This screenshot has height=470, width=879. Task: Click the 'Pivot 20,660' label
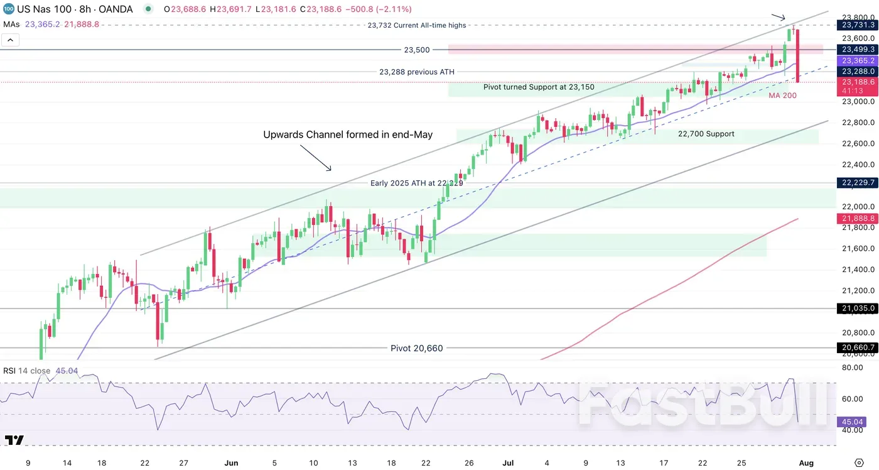click(x=416, y=348)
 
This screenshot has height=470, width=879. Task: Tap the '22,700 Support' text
click(x=706, y=134)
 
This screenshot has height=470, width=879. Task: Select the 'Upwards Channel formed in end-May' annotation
click(x=348, y=134)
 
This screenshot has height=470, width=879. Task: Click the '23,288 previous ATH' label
click(x=416, y=72)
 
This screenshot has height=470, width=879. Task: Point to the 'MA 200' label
click(x=783, y=96)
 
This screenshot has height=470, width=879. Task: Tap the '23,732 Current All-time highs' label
click(x=416, y=26)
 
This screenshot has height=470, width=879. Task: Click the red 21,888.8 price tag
click(x=856, y=219)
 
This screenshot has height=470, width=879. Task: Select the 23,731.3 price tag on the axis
click(x=856, y=25)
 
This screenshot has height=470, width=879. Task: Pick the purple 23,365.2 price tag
click(x=856, y=61)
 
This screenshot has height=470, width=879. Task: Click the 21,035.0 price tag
click(x=856, y=309)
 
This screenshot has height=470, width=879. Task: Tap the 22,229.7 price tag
click(x=856, y=183)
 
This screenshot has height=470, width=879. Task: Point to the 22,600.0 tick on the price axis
click(x=858, y=143)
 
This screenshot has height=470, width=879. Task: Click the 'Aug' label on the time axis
click(x=806, y=463)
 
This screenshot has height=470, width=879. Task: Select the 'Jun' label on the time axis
click(x=231, y=463)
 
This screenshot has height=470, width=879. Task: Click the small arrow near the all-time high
click(x=778, y=17)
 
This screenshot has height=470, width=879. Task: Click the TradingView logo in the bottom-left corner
click(x=14, y=440)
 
